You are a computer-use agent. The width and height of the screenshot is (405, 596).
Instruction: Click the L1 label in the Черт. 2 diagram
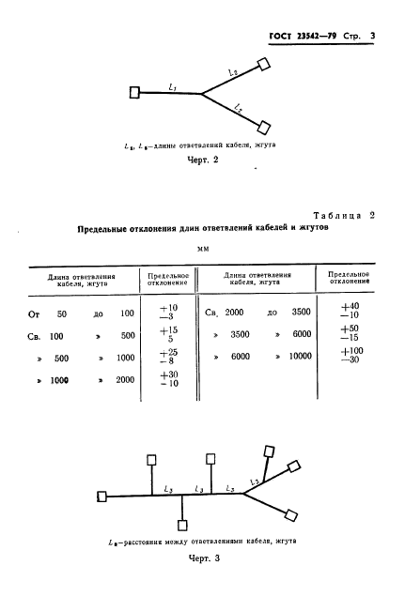[172, 86]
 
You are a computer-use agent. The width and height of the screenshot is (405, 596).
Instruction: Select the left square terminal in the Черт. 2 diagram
[135, 92]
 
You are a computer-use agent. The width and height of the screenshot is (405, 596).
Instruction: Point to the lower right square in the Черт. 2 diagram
[265, 127]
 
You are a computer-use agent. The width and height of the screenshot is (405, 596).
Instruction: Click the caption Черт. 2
[202, 160]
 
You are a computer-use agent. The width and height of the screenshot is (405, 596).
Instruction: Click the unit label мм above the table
[202, 249]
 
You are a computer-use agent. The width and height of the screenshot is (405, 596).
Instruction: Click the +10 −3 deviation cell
[169, 313]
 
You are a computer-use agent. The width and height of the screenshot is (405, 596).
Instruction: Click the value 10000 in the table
[299, 358]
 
